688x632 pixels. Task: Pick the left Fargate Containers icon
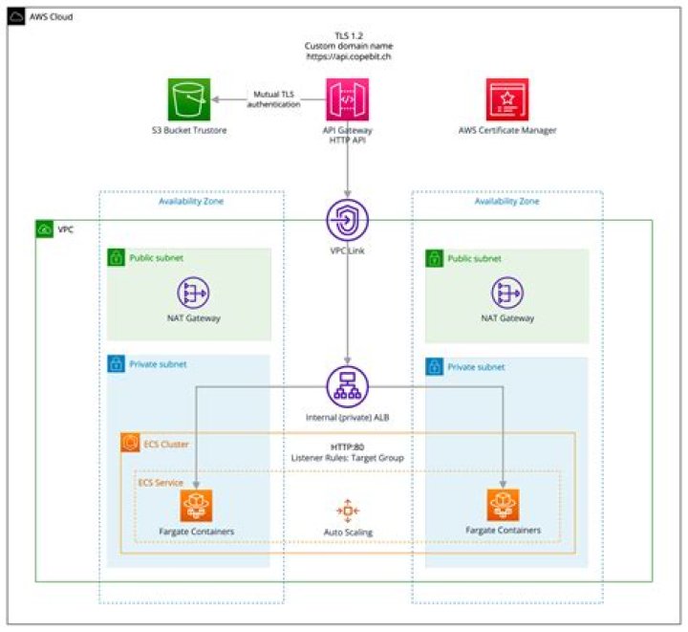click(x=196, y=505)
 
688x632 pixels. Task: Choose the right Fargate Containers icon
click(x=504, y=505)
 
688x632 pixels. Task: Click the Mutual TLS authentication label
click(x=274, y=99)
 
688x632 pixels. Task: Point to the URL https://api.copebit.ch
click(x=347, y=56)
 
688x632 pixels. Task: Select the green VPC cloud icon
click(x=45, y=230)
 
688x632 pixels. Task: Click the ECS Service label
click(x=160, y=483)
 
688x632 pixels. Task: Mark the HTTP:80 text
click(x=347, y=447)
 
